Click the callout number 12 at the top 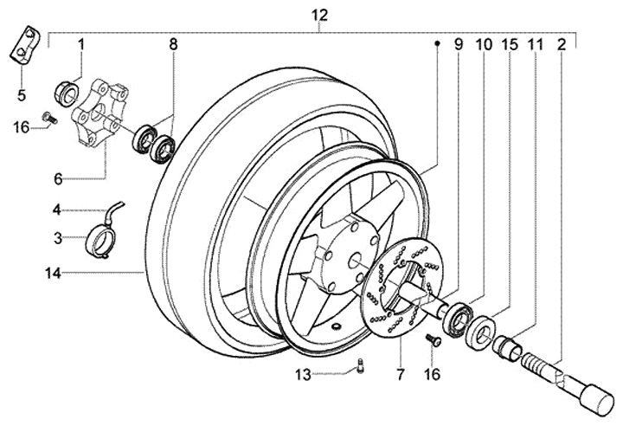pyautogui.click(x=319, y=16)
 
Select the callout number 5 pyautogui.click(x=21, y=95)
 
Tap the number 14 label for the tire pyautogui.click(x=53, y=274)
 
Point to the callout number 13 pyautogui.click(x=303, y=375)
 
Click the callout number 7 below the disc pyautogui.click(x=400, y=374)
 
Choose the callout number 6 pyautogui.click(x=58, y=179)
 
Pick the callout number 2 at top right pyautogui.click(x=561, y=45)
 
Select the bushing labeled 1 pyautogui.click(x=65, y=94)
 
